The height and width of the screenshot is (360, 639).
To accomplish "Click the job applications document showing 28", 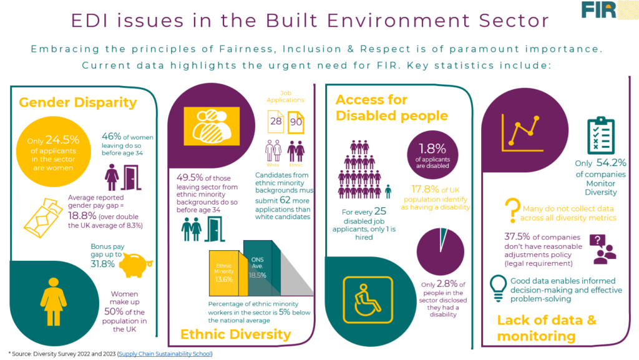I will [x=275, y=121].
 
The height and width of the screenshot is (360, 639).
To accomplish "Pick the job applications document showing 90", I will [x=296, y=121].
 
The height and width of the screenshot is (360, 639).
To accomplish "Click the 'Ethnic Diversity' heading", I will [x=235, y=334].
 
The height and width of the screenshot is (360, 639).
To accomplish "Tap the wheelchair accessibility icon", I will [x=368, y=295].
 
